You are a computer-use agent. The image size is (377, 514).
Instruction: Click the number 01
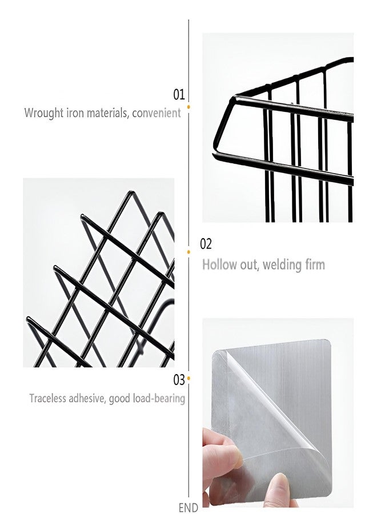[x=179, y=95]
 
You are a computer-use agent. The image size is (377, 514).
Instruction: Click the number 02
[x=206, y=244]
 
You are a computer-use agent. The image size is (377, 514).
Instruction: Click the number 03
[x=179, y=380]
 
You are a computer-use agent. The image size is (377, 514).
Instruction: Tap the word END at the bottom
[x=188, y=508]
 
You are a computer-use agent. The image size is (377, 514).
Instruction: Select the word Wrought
[x=44, y=113]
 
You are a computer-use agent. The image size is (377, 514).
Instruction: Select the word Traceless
[x=47, y=398]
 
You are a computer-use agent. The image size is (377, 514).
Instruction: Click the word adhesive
[x=87, y=398]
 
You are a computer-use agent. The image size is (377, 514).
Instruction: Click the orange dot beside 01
[x=189, y=107]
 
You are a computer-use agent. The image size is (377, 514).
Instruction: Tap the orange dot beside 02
[x=189, y=252]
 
